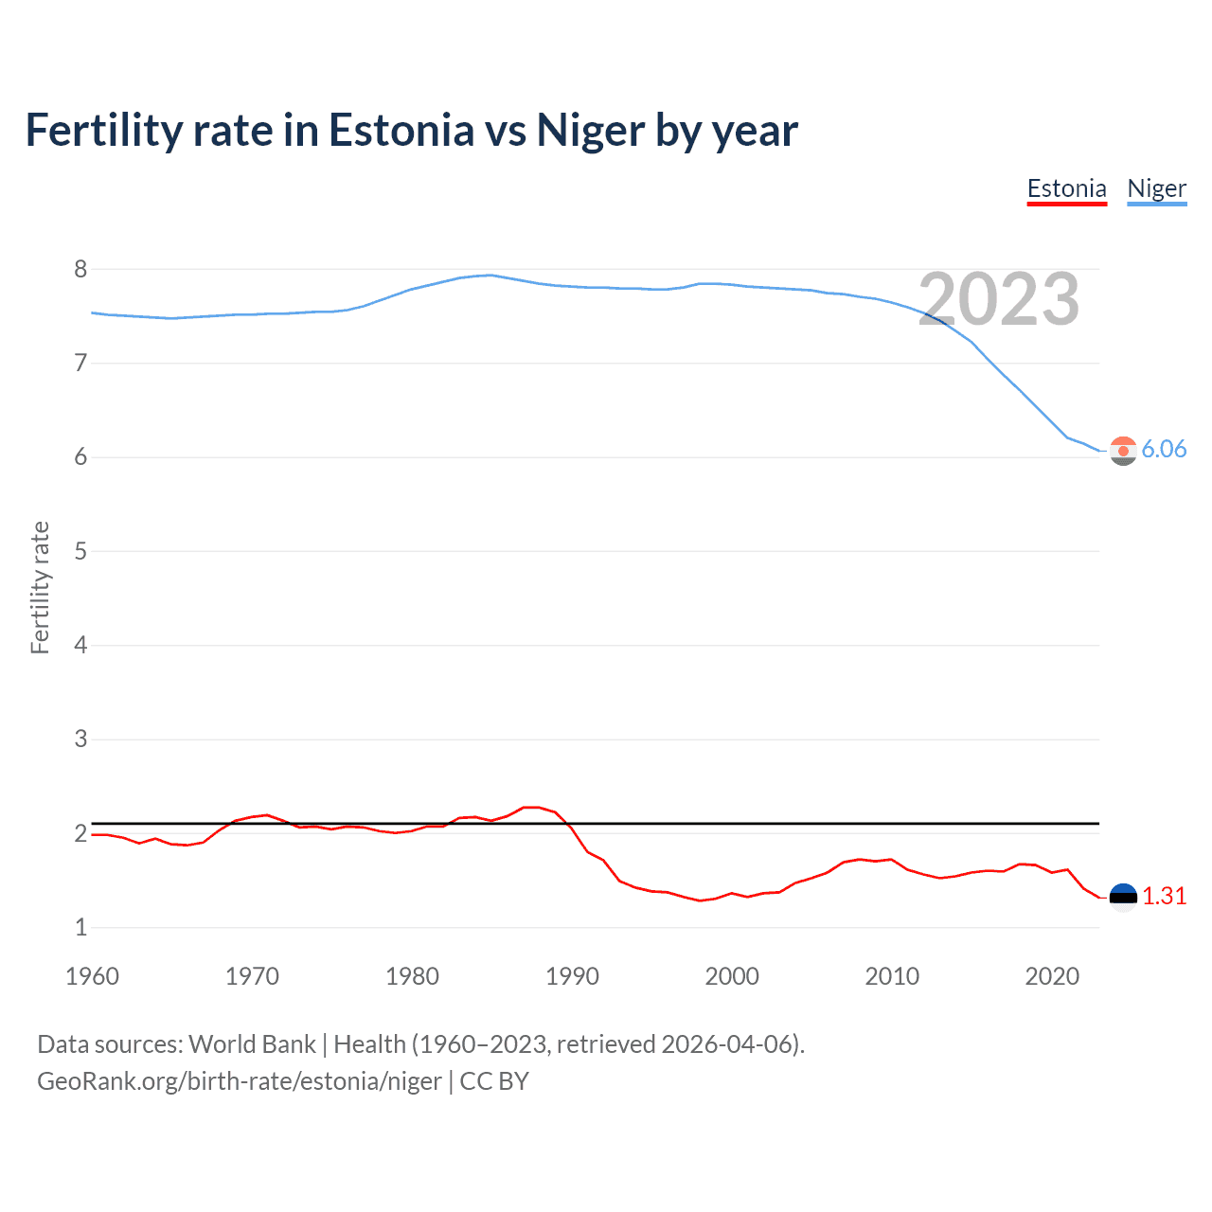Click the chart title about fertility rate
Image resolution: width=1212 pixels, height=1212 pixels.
coord(411,131)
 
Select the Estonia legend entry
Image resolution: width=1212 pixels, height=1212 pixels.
coord(1066,188)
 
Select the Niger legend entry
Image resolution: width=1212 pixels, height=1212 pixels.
coord(1156,188)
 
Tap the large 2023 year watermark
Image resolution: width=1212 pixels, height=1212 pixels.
coord(998,299)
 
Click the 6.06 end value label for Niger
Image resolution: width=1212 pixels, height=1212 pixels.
coord(1164,449)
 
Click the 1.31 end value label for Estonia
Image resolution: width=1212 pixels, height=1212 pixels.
coord(1164,896)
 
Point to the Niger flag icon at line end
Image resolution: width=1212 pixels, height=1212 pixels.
coord(1123,451)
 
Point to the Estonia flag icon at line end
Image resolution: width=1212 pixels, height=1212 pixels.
coord(1123,897)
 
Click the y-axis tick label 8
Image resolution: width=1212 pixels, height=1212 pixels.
coord(80,270)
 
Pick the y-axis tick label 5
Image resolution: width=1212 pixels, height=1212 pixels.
coord(80,551)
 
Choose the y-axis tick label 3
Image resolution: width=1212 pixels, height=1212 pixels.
coord(80,739)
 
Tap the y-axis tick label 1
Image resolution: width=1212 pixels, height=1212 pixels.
coord(80,927)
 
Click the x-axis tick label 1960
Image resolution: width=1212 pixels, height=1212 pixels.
coord(92,976)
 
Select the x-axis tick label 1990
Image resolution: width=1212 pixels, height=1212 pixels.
coord(572,976)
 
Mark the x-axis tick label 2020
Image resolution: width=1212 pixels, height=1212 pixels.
coord(1052,976)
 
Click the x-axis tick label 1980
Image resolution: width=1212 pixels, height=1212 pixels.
coord(412,976)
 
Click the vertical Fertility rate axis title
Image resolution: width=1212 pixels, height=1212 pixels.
coord(40,587)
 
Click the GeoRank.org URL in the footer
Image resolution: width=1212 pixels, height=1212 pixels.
coord(239,1081)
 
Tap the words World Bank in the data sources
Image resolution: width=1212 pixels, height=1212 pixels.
coord(252,1044)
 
